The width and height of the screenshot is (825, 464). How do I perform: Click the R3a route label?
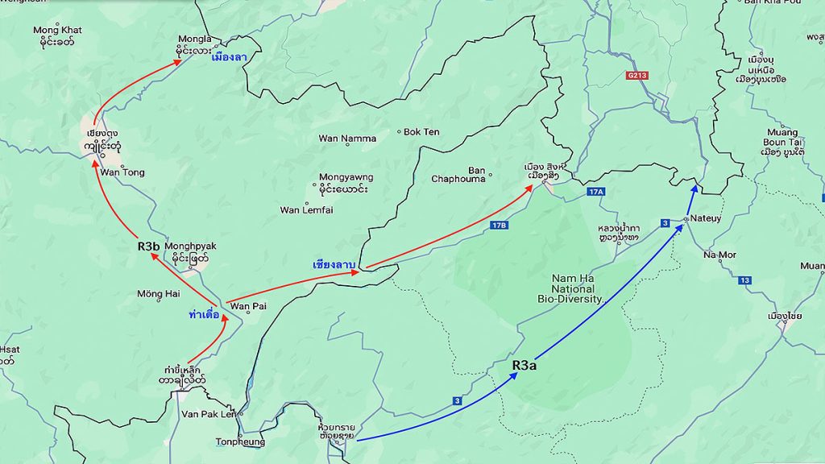pos(525,365)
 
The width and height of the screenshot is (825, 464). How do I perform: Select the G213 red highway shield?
pos(636,76)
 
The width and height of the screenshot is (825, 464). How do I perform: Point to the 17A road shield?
pos(595,192)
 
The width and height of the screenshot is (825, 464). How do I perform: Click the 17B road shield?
pos(499,225)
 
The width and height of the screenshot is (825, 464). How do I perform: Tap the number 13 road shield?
pos(744,280)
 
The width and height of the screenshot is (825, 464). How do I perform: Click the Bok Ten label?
pos(421,131)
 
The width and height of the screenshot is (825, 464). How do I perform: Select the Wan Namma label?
pos(347,139)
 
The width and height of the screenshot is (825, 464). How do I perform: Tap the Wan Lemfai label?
pos(306,210)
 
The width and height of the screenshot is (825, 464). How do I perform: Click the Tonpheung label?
pos(239,441)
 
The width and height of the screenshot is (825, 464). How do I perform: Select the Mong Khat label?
pos(57,31)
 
